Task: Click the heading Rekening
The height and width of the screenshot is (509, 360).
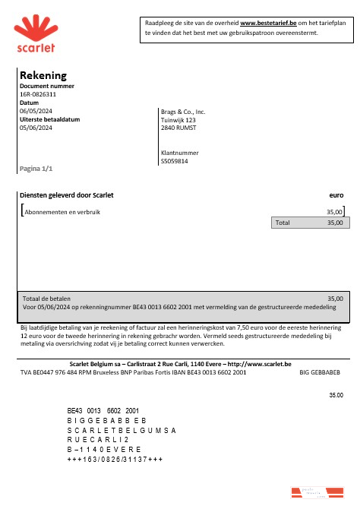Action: (x=43, y=75)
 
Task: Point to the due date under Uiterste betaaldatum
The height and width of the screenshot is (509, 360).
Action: (x=36, y=128)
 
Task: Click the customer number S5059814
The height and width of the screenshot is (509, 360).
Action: (x=175, y=161)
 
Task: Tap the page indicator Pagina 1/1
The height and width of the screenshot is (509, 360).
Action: (x=36, y=167)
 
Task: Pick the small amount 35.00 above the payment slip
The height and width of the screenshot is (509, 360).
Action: (x=335, y=395)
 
